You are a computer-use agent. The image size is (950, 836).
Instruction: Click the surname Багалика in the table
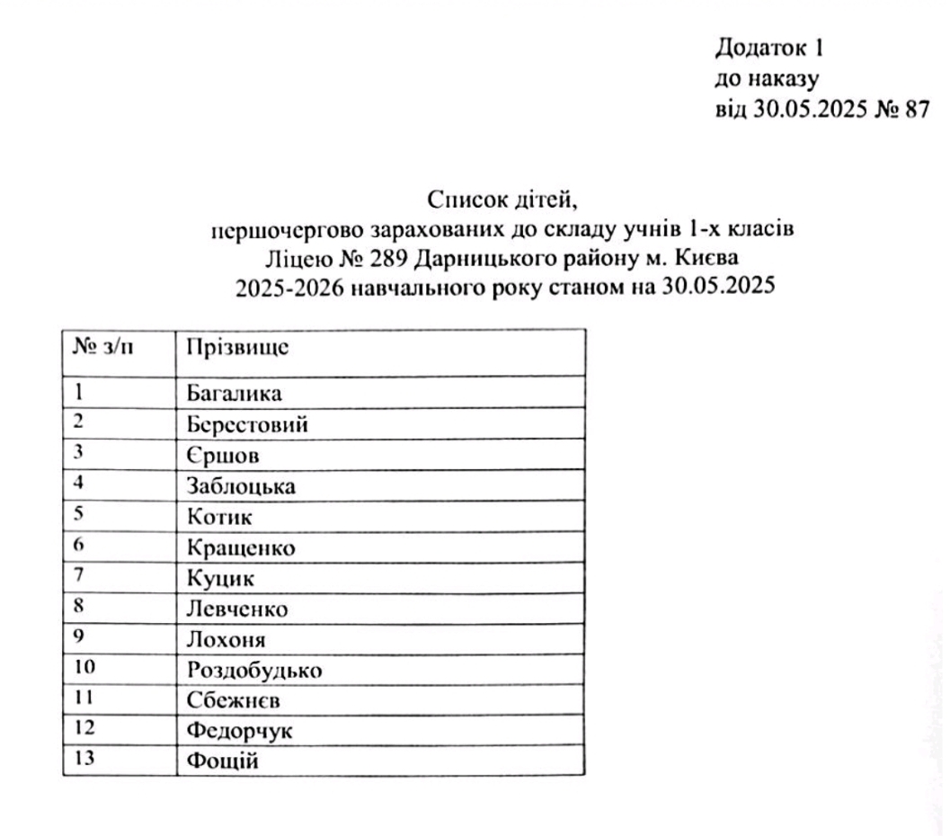(x=235, y=394)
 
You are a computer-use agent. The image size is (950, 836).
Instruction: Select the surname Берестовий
(x=248, y=424)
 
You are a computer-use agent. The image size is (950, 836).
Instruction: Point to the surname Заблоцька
(x=241, y=486)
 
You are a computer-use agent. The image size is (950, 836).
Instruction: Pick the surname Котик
(x=220, y=517)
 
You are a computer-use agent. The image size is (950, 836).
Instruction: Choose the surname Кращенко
(x=241, y=547)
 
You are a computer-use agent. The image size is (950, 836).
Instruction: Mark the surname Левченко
(x=237, y=609)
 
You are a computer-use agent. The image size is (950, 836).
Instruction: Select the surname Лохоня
(x=227, y=639)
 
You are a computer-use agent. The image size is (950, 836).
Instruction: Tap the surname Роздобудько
(x=254, y=671)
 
